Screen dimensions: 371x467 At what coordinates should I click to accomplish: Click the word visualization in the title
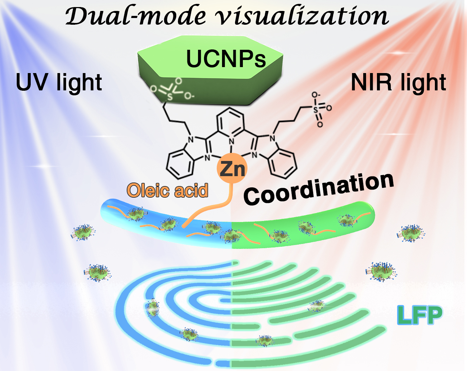302,17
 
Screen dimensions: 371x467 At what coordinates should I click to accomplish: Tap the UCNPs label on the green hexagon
226,59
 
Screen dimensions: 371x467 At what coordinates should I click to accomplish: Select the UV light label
59,83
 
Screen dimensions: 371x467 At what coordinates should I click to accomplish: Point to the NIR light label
399,83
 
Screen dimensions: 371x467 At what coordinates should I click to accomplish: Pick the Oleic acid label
167,191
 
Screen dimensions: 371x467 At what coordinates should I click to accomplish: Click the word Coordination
319,189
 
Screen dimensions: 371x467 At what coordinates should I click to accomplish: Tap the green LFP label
419,315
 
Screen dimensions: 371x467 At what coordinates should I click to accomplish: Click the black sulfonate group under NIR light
319,109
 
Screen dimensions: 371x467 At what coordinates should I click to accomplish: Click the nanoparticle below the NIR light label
411,233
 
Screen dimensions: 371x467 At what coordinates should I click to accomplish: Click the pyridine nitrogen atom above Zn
232,142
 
